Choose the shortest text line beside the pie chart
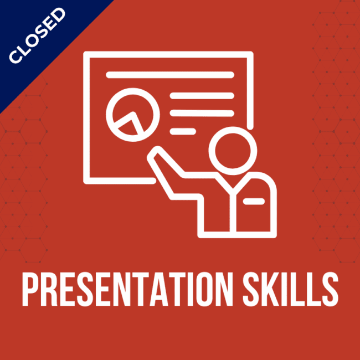coord(182,131)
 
